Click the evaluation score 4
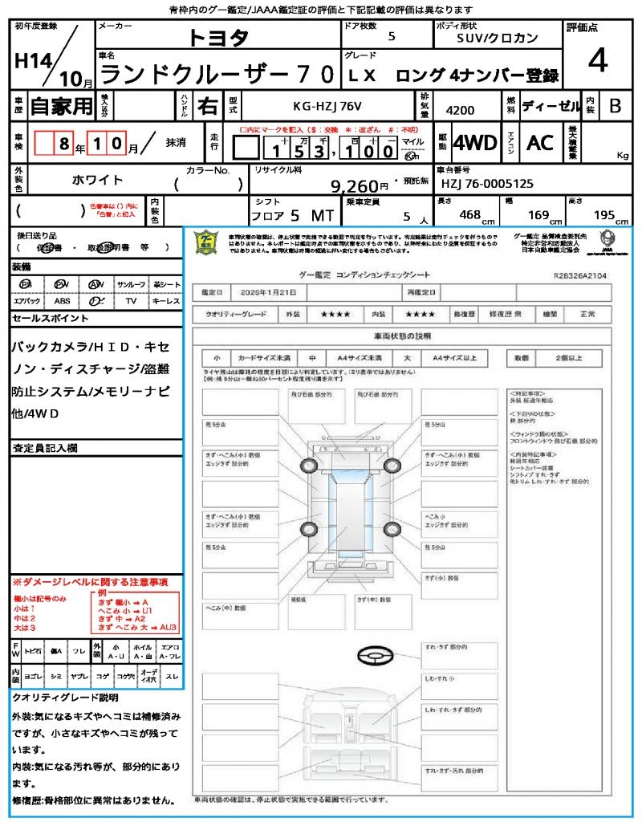tap(597, 62)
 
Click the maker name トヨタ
tap(218, 37)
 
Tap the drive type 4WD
tap(475, 143)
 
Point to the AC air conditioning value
tap(540, 143)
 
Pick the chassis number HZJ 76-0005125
tap(487, 184)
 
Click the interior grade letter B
tap(614, 106)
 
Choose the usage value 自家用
tap(62, 106)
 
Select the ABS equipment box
tap(62, 301)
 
